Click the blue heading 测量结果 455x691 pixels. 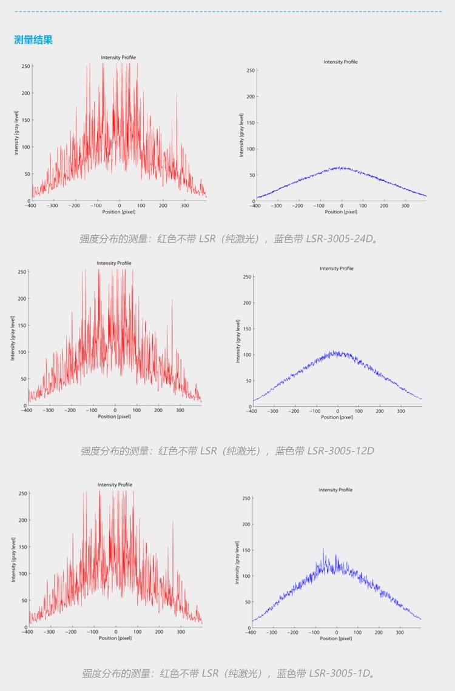33,41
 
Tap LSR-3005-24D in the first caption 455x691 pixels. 337,239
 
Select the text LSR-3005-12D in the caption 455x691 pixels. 339,451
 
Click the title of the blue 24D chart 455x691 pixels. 340,62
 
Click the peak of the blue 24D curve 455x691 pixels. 342,167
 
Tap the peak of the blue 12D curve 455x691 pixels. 335,352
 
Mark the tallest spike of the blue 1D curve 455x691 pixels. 323,550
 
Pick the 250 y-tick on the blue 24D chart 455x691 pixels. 249,71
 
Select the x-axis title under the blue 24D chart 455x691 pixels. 342,212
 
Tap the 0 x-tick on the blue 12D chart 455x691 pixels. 336,411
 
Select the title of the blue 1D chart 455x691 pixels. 335,490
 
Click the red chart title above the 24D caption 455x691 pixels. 118,58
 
